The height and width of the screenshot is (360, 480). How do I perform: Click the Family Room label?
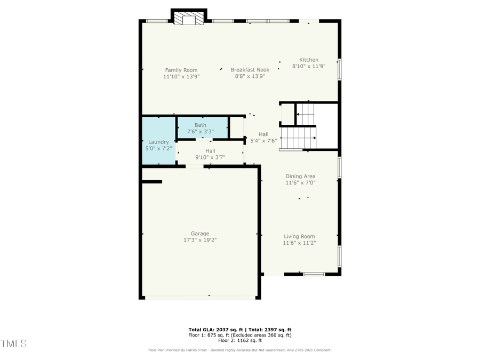coord(181,70)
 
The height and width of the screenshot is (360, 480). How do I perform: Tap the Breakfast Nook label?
coord(250,69)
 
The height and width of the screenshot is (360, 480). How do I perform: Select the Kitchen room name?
coord(308,60)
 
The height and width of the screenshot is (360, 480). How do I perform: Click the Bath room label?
coord(200,125)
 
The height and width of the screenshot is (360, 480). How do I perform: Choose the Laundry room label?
coord(158,142)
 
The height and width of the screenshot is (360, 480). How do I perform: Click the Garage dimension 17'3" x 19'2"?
coord(200,240)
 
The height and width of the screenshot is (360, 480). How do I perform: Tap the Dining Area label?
coord(300,176)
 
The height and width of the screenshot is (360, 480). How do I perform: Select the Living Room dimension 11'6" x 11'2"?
coord(299,243)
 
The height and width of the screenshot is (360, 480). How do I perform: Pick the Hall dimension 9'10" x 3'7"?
coord(210,157)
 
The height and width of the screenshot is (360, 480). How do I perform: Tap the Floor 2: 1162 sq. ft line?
coord(239,340)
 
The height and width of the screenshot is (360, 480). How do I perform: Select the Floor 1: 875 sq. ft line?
coord(239,335)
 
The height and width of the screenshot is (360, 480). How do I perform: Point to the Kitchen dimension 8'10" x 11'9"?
coord(308,67)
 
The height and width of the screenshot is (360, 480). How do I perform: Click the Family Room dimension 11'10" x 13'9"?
coord(181,76)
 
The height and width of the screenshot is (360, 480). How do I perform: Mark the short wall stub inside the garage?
coord(152,182)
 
